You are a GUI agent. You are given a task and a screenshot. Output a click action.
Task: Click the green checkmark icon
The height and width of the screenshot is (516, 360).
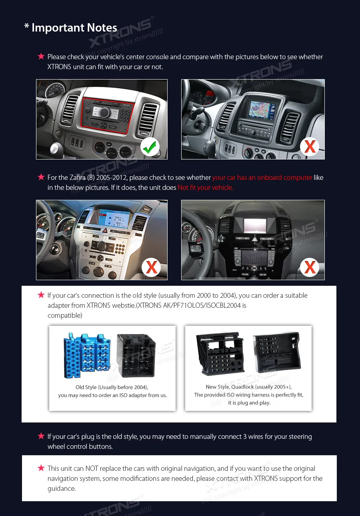tap(150, 147)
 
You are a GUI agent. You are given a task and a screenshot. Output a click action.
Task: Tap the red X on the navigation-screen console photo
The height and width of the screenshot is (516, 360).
tap(310, 147)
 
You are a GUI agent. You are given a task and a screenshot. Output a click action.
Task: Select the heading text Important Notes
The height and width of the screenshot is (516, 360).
tap(74, 28)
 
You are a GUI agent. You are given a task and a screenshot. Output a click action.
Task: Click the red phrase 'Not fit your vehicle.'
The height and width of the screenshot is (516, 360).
tap(206, 187)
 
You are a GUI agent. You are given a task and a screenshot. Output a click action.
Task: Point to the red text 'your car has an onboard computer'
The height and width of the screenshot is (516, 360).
tap(262, 177)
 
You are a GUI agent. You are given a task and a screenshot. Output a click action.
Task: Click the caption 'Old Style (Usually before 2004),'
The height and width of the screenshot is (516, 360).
tap(112, 387)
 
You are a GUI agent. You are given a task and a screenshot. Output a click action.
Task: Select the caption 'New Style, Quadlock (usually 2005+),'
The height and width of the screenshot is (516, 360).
tap(248, 387)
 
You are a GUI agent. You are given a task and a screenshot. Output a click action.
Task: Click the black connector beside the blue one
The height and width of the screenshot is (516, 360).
tap(136, 355)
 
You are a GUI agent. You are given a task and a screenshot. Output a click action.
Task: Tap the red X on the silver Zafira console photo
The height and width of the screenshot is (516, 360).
tap(151, 267)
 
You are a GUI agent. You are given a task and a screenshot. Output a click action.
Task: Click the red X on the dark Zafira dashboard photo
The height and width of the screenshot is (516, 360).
tap(310, 267)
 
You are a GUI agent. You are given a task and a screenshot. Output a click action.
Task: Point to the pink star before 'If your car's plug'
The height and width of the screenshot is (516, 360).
tap(41, 436)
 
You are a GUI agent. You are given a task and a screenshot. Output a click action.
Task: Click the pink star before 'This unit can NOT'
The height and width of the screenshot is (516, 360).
tap(41, 468)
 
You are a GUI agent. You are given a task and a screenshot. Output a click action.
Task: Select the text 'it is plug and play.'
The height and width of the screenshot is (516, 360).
tap(249, 403)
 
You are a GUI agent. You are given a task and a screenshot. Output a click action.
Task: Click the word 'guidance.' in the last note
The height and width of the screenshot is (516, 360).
tap(62, 488)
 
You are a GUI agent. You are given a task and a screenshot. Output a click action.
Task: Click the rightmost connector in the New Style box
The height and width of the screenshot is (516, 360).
tap(276, 352)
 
